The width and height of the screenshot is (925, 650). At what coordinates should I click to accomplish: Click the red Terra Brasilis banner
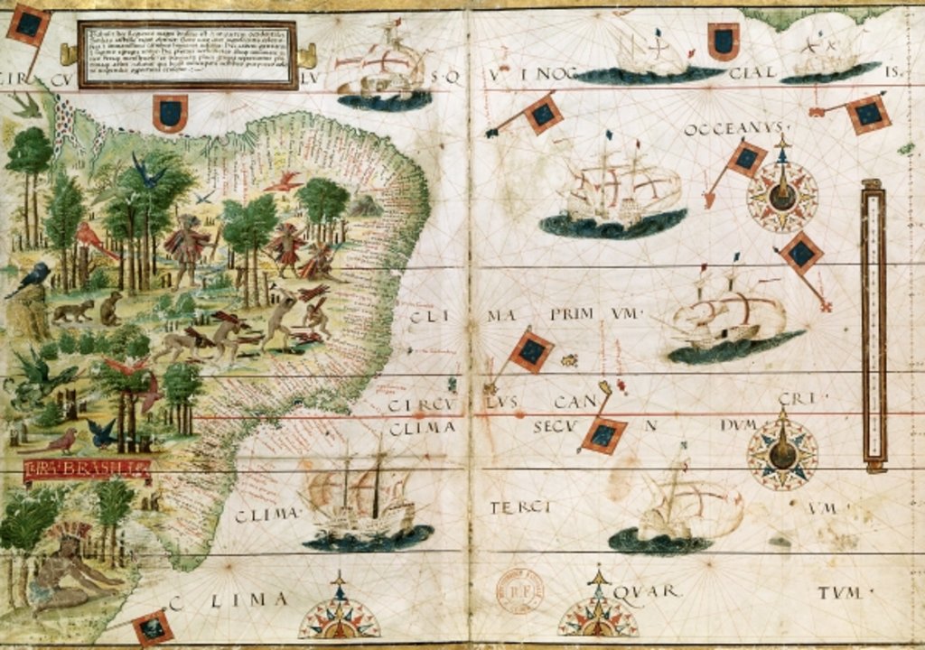(86, 469)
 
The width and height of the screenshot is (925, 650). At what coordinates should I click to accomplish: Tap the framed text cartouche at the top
(187, 54)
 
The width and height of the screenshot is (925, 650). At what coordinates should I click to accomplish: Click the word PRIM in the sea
(568, 313)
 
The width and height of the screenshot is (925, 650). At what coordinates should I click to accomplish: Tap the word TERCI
(520, 507)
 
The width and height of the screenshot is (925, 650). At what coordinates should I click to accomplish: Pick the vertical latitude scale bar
(874, 325)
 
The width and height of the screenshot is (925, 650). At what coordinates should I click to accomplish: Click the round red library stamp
(520, 591)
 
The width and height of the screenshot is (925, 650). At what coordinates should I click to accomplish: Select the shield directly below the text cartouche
(169, 114)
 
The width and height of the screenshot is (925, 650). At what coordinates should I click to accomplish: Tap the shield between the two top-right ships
(723, 41)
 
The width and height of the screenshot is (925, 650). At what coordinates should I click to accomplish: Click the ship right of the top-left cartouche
(381, 68)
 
